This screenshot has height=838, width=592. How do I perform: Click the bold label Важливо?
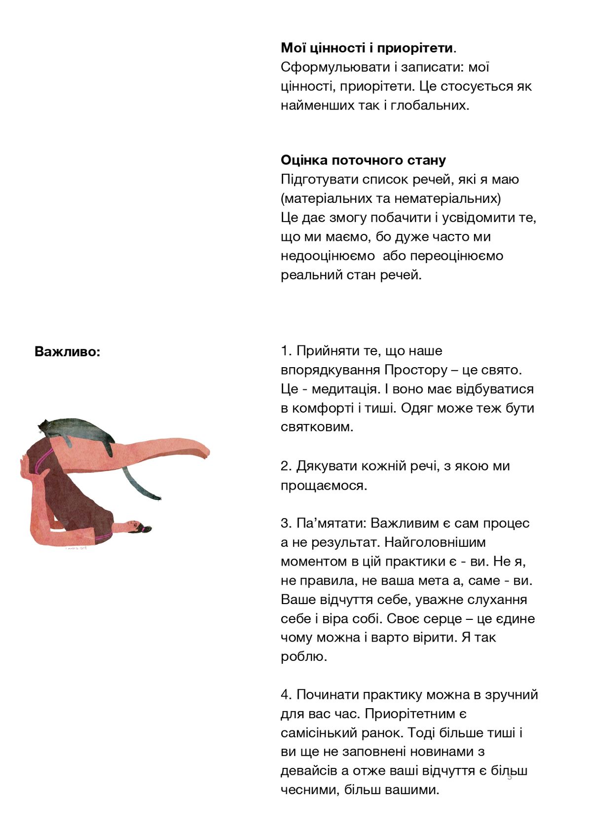[x=67, y=352]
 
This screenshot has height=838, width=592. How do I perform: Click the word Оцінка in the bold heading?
[x=304, y=160]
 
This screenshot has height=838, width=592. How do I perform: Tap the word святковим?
[x=316, y=427]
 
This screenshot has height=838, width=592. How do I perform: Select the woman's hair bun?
[x=147, y=529]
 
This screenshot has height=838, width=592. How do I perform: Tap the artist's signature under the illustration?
[x=76, y=548]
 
